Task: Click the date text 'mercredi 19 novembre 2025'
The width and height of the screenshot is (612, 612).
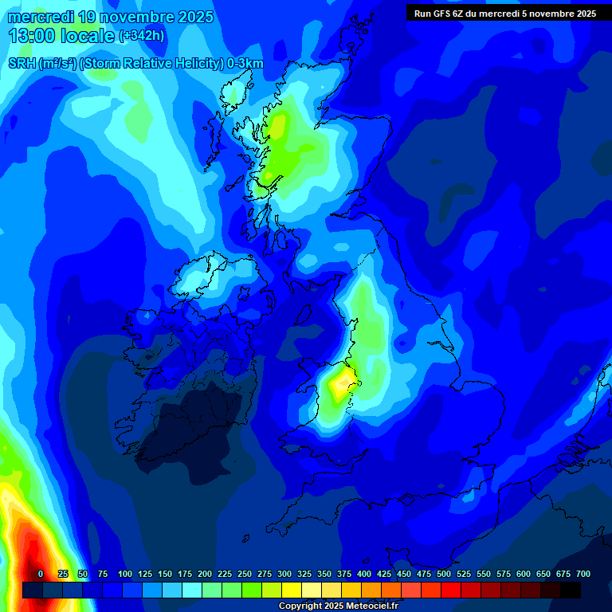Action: [111, 16]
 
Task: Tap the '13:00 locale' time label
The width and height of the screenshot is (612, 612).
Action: [62, 36]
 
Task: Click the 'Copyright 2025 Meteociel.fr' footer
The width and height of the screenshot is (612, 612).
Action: [338, 606]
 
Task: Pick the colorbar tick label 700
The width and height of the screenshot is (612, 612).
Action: [583, 574]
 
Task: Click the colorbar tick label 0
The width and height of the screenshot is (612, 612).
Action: [41, 574]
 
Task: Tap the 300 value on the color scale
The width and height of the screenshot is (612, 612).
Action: [284, 574]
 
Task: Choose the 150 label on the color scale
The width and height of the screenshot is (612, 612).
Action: [165, 574]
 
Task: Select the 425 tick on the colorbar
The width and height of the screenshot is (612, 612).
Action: [384, 574]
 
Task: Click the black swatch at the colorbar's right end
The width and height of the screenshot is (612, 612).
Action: [571, 590]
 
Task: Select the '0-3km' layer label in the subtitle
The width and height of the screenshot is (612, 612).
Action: [245, 64]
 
